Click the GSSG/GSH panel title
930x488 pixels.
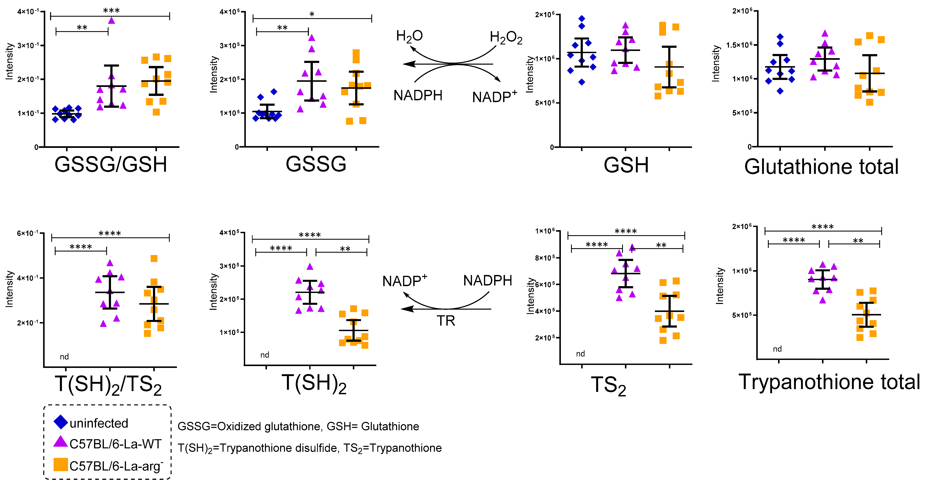coord(111,165)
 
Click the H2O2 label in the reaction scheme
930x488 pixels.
coord(506,38)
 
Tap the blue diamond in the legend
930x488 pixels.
coord(61,422)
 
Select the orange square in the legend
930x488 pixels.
coord(61,465)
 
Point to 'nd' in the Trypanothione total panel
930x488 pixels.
coord(777,349)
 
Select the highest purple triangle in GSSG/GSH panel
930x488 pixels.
coord(112,20)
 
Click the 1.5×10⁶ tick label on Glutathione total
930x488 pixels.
coord(739,45)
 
